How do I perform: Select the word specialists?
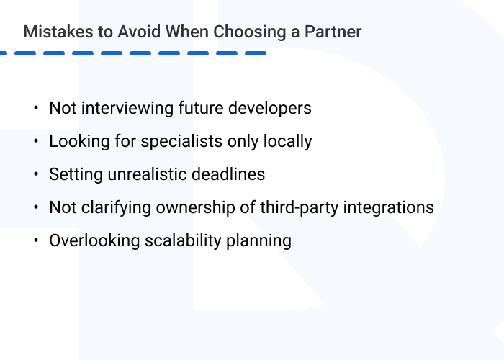(x=160, y=141)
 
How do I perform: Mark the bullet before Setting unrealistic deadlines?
(x=35, y=174)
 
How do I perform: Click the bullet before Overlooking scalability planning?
(x=35, y=240)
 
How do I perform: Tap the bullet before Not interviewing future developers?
(x=35, y=108)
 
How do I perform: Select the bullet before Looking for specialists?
(x=35, y=141)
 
